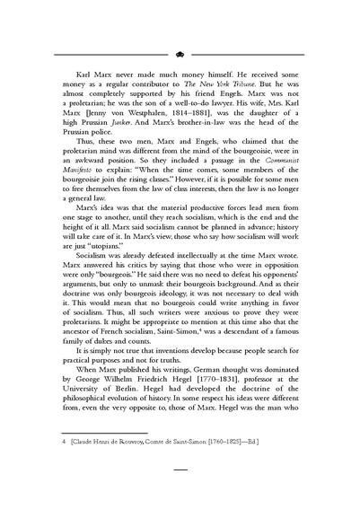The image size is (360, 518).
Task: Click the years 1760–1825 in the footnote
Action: point(250,469)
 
